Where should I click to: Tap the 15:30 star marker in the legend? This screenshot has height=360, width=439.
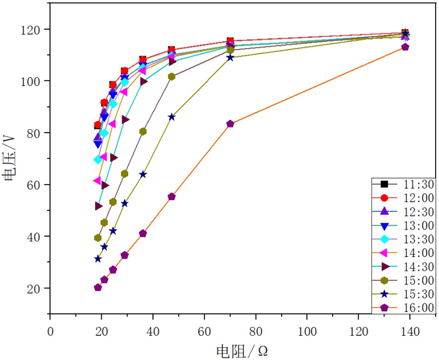point(384,294)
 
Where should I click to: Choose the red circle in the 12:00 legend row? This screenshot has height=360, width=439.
point(384,198)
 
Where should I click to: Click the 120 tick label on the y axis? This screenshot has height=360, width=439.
point(35,30)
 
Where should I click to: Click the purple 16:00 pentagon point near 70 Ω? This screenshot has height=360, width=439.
point(230,124)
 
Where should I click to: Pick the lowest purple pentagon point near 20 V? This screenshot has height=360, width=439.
point(98,287)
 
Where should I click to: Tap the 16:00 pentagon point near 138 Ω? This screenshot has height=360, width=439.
point(405,47)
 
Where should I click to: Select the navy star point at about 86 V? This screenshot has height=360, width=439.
point(172,117)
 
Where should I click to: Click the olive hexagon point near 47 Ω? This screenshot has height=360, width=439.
point(172,77)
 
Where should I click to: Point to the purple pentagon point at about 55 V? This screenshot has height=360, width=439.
point(172,197)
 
